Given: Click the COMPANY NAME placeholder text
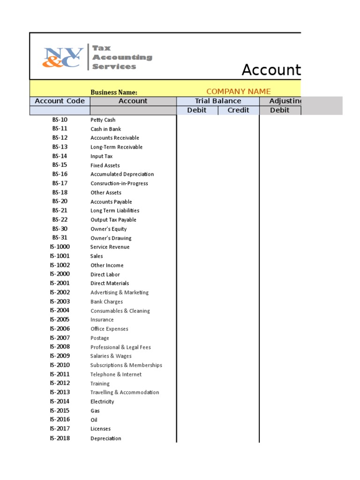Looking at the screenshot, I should click(x=239, y=91).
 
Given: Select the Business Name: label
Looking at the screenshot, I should click(x=114, y=92).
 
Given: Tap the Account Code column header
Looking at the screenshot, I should click(x=60, y=101).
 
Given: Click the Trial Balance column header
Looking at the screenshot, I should click(x=218, y=101).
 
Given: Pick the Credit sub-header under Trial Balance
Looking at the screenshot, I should click(x=238, y=110).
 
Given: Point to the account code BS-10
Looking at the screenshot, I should click(x=60, y=120).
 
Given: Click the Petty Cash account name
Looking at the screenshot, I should click(x=103, y=120).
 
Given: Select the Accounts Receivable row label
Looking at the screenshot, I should click(x=114, y=138).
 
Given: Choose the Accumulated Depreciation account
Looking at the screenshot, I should click(x=122, y=174).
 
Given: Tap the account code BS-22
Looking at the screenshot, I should click(x=60, y=219).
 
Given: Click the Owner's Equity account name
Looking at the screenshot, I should click(x=108, y=229).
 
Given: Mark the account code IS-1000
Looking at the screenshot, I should click(x=60, y=247).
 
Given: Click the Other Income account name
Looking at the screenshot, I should click(x=107, y=265).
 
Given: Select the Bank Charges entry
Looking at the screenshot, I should click(x=106, y=302).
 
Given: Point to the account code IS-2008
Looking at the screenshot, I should click(x=60, y=347).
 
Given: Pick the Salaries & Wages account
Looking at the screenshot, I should click(x=111, y=356).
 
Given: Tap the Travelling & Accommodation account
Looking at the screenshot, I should click(x=124, y=392).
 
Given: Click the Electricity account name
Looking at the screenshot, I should click(x=102, y=402).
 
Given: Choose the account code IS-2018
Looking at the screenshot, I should click(x=60, y=438).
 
